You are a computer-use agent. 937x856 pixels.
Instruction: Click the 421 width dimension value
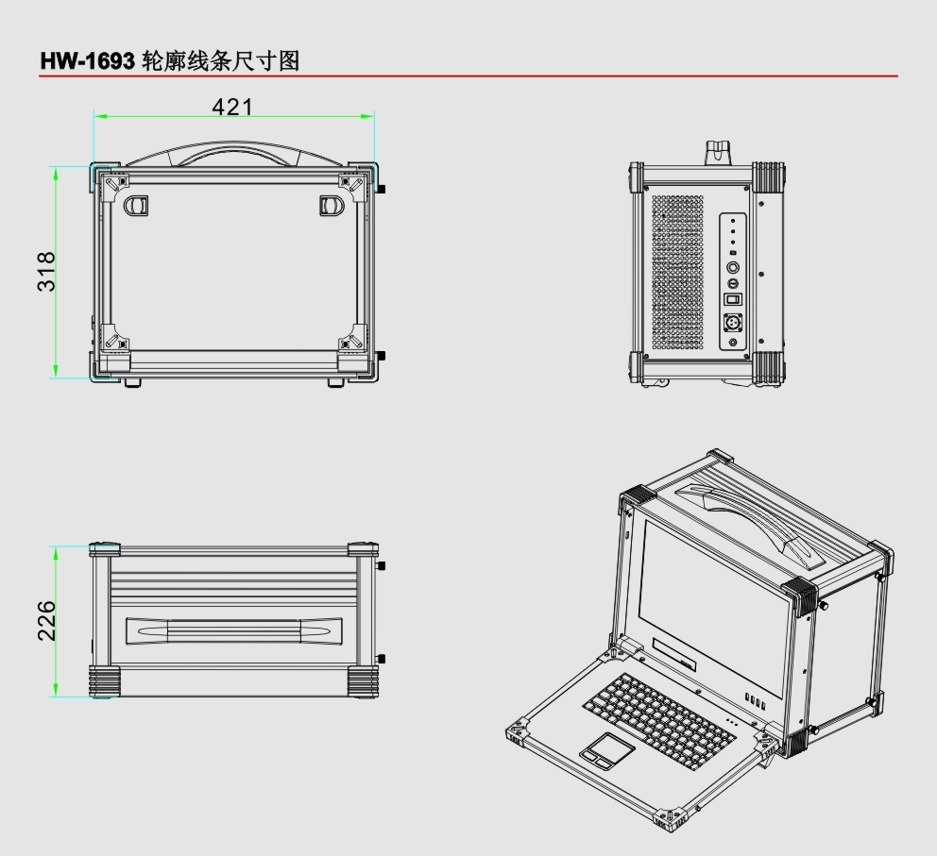click(232, 107)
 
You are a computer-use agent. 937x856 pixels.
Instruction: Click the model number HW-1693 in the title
click(82, 60)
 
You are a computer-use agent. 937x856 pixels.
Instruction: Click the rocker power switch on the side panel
click(733, 299)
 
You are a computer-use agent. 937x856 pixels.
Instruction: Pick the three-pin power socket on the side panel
click(733, 322)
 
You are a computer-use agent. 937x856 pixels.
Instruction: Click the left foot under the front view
click(132, 381)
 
